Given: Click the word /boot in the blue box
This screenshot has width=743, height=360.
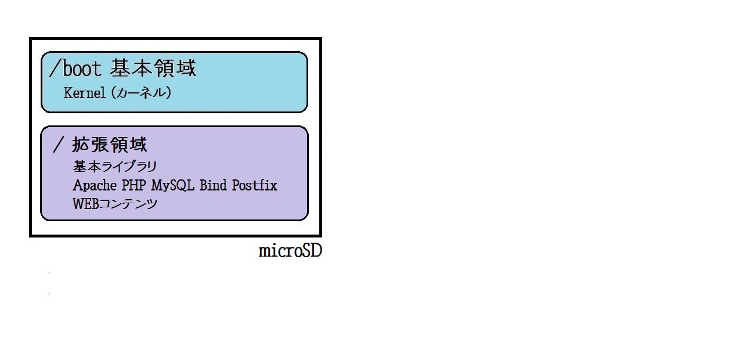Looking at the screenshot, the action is click(75, 68).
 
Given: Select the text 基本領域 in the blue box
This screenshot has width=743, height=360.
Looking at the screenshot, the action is click(153, 68).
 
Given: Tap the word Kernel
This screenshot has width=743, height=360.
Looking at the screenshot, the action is click(85, 93).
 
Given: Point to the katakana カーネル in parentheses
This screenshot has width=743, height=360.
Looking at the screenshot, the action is click(140, 92).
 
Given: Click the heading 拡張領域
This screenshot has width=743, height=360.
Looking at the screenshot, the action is click(110, 145).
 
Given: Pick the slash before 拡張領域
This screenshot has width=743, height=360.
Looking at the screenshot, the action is click(58, 145).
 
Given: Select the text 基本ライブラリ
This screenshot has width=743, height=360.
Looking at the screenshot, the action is click(115, 167).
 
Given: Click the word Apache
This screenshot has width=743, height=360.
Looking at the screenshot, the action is click(95, 185).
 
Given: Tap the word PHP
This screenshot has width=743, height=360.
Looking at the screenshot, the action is click(134, 185).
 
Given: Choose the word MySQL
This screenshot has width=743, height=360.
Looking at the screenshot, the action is click(172, 185).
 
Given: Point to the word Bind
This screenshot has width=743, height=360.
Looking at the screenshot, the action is click(213, 185).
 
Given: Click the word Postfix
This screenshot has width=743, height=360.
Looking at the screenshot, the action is click(254, 185).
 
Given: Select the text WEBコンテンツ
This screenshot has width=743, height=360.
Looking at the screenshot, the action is click(115, 204).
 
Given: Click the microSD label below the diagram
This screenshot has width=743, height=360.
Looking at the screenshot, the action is click(290, 251).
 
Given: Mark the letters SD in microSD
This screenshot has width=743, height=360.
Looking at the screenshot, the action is click(312, 251).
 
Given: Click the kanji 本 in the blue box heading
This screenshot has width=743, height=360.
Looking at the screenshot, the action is click(142, 68).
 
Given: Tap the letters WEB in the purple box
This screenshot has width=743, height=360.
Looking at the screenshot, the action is click(85, 204).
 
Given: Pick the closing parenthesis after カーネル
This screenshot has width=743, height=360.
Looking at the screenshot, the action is click(168, 92).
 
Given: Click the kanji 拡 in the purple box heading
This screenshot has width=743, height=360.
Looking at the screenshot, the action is click(81, 145).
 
